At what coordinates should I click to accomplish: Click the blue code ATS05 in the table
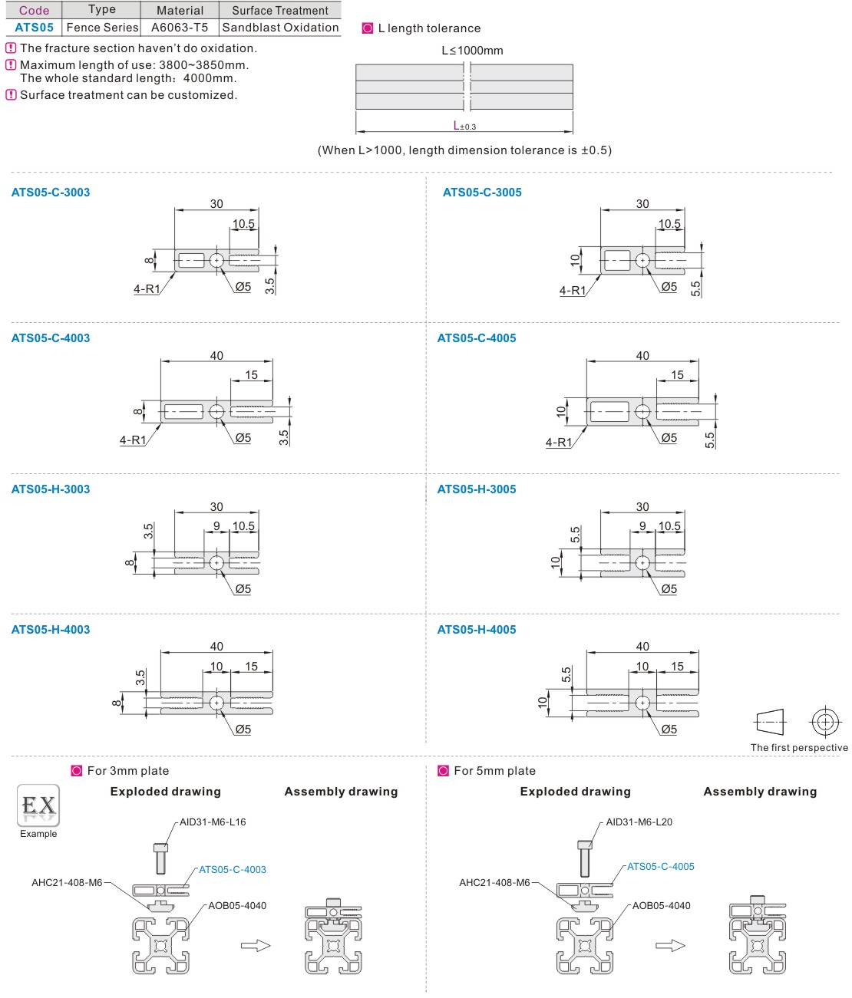click(35, 28)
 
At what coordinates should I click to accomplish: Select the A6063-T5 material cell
click(180, 28)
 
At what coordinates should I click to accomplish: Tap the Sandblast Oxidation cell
click(280, 28)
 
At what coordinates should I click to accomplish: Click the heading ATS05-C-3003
click(51, 193)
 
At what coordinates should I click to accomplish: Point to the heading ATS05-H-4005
click(477, 630)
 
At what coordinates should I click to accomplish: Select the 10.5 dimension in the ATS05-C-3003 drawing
click(243, 224)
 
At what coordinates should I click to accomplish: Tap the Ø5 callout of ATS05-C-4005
click(669, 438)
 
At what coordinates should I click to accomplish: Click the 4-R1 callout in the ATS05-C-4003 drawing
click(133, 440)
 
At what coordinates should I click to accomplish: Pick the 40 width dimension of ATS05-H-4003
click(217, 647)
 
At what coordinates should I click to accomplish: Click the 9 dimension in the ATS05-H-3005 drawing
click(642, 526)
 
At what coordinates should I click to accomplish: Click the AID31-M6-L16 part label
click(213, 822)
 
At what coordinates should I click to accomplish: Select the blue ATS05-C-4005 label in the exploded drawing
click(660, 867)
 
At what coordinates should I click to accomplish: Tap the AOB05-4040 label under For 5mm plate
click(661, 906)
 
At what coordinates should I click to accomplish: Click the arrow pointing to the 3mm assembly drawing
click(256, 945)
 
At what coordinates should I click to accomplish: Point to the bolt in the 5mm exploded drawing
click(585, 858)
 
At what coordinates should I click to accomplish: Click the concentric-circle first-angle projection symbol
click(825, 722)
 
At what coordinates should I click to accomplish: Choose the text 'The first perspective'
click(799, 748)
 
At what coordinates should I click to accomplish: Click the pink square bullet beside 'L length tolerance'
click(368, 28)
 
